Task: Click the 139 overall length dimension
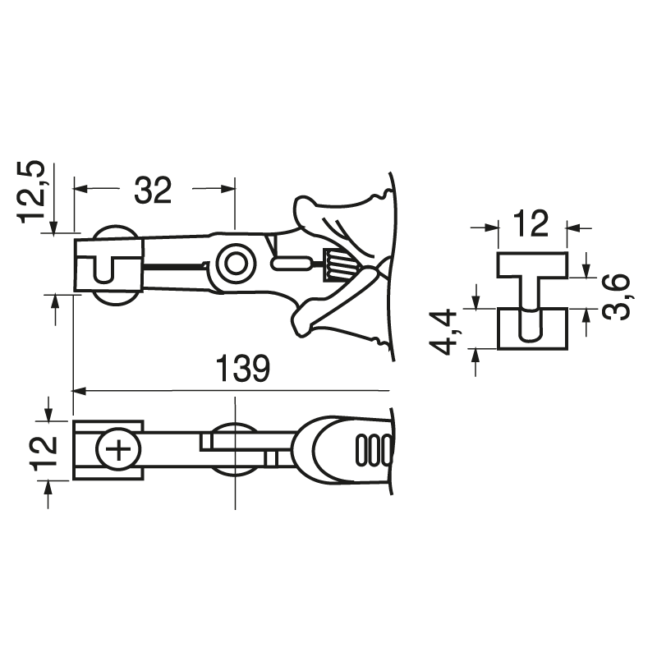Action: (x=242, y=370)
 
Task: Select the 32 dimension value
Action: (x=153, y=191)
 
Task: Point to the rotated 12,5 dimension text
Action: (x=34, y=192)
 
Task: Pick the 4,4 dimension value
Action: (x=447, y=330)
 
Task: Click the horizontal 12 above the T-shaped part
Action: (x=531, y=223)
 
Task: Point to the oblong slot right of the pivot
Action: (x=291, y=264)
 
